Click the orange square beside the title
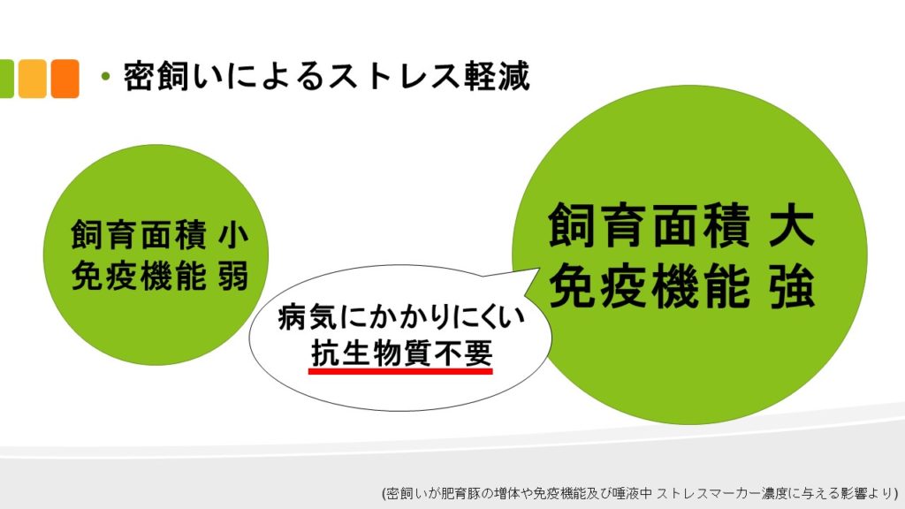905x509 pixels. coord(65,79)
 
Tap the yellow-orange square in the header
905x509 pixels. coord(33,79)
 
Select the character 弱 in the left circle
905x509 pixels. coord(233,276)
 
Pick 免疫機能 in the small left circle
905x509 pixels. coord(139,276)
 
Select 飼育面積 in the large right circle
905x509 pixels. coord(650,225)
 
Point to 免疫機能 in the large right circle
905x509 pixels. coord(650,285)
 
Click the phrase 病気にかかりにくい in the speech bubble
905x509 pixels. coord(402,317)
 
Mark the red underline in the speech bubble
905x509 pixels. coord(400,372)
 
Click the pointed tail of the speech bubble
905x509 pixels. coord(539,269)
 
